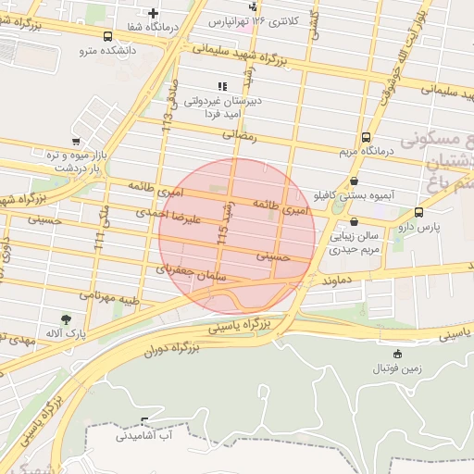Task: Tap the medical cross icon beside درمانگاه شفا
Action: click(x=153, y=13)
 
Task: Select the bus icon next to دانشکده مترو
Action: click(x=108, y=36)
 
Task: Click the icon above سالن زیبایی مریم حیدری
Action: click(x=356, y=222)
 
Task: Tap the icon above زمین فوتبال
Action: click(x=397, y=354)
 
